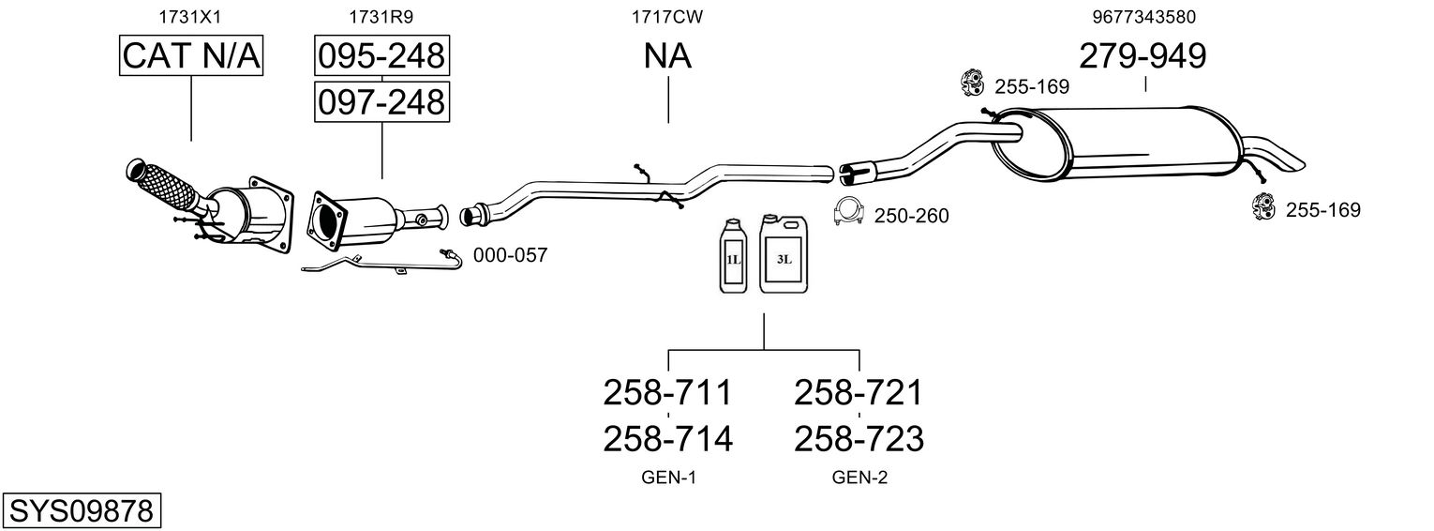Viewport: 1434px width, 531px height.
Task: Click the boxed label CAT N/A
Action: (191, 56)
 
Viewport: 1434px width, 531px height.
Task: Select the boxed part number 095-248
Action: (381, 56)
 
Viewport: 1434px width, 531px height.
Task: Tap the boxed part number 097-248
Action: (381, 101)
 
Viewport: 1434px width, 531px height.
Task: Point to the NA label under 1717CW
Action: (667, 56)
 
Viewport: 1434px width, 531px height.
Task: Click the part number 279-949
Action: (1143, 56)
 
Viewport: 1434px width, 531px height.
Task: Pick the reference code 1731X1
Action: (191, 17)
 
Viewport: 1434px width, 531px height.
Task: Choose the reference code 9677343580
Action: (1143, 17)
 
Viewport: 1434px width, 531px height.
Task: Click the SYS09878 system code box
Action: (81, 511)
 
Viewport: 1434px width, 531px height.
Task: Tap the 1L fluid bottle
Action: (732, 256)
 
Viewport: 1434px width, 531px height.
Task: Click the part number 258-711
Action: (666, 392)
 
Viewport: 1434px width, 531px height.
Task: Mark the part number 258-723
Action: (859, 438)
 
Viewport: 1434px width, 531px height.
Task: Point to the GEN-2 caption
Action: (859, 478)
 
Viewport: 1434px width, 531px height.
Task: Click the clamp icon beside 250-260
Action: (848, 213)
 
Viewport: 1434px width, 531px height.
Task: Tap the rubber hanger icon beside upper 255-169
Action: (971, 83)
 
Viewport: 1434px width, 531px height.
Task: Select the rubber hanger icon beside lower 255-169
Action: (1263, 206)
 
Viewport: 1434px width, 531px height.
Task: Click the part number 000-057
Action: (510, 254)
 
